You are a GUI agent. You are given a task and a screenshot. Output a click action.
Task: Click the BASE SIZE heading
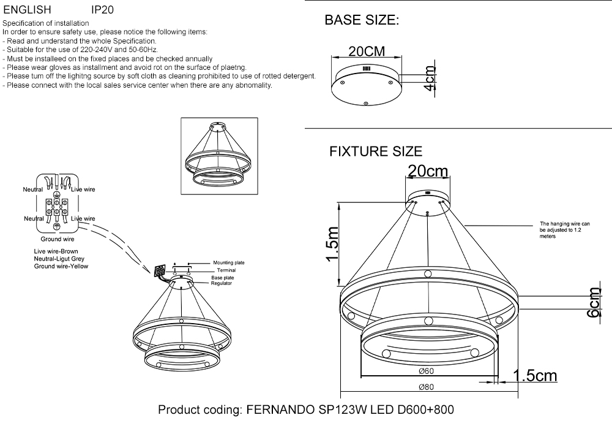pos(362,21)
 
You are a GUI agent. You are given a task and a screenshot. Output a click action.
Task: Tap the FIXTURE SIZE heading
pos(376,151)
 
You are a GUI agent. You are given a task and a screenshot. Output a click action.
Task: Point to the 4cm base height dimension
pos(431,78)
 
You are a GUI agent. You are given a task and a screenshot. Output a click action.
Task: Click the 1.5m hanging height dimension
pos(332,244)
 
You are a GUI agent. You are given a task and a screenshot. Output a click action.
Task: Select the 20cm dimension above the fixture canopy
pos(428,171)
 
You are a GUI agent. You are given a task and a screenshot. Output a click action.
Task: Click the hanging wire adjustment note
pos(564,230)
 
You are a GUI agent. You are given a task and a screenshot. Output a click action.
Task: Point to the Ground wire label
pos(58,239)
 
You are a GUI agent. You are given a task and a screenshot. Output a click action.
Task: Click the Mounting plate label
pos(228,262)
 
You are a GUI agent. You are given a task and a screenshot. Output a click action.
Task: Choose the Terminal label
pos(226,270)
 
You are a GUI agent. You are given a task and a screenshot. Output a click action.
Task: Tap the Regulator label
pos(222,284)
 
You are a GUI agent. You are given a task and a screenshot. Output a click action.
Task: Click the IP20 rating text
pos(102,10)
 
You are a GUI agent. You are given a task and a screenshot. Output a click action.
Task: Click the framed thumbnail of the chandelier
pos(217,156)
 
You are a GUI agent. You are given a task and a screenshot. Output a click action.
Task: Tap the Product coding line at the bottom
pos(306,410)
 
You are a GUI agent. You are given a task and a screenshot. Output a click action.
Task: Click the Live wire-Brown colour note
pos(56,251)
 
